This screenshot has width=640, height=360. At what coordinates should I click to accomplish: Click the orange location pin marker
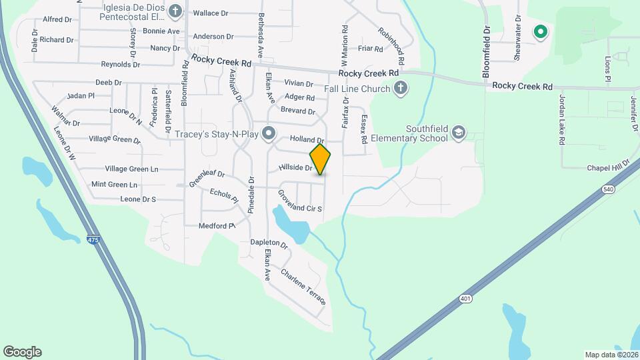pyautogui.click(x=321, y=159)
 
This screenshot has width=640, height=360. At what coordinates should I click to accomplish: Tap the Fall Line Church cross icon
pyautogui.click(x=400, y=88)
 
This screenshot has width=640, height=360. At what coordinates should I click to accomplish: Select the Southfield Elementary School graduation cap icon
pyautogui.click(x=458, y=133)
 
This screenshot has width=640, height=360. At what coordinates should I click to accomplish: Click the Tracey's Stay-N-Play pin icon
pyautogui.click(x=269, y=134)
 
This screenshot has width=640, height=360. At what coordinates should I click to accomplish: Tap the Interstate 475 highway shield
pyautogui.click(x=93, y=238)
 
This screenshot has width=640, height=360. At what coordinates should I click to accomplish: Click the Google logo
pyautogui.click(x=22, y=352)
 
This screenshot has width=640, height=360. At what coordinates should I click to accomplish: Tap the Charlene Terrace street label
pyautogui.click(x=303, y=287)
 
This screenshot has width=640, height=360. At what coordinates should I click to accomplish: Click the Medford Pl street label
pyautogui.click(x=217, y=226)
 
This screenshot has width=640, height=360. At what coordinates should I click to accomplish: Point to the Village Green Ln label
pyautogui.click(x=131, y=169)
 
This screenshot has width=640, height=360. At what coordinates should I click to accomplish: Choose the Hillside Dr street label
pyautogui.click(x=295, y=168)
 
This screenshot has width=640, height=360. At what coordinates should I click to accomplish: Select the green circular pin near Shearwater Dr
pyautogui.click(x=541, y=31)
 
